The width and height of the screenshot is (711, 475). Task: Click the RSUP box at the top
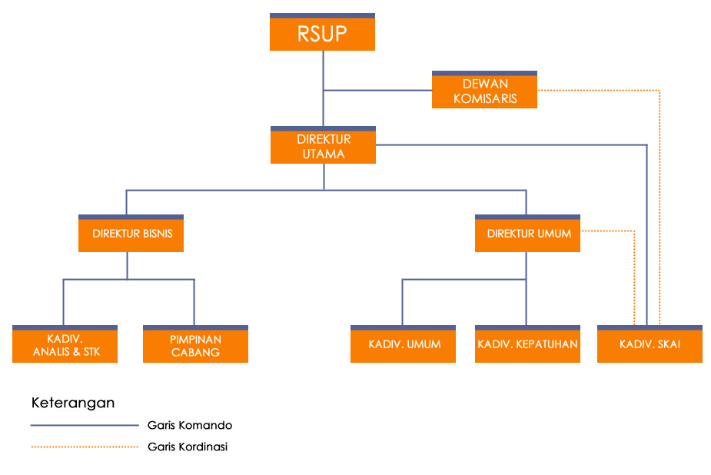coord(322,34)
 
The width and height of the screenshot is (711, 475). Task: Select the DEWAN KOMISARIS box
coord(484,91)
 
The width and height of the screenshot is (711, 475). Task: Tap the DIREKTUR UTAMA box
coord(323,146)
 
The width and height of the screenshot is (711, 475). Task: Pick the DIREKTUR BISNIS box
coord(131,234)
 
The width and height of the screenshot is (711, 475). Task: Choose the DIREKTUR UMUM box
coord(528,234)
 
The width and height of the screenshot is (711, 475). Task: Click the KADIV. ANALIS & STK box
coord(65,345)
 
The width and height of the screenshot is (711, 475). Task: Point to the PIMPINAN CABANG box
coord(195,345)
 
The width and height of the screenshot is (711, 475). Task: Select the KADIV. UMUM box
coord(404,344)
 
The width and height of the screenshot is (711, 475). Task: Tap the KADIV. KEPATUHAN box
coord(527,344)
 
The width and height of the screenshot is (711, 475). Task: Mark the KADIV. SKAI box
coord(650,344)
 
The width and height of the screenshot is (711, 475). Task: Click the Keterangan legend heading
coord(73,403)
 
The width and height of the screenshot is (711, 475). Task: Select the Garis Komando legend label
coord(189,425)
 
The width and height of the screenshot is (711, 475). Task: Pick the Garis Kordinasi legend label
coord(187,447)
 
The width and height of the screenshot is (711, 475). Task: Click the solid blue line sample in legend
coord(84,425)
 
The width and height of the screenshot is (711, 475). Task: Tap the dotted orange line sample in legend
coord(84,447)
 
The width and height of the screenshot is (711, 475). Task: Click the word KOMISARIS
coord(485,98)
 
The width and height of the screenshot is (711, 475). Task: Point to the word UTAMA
coord(324,154)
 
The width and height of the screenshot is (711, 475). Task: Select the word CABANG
coord(195,353)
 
